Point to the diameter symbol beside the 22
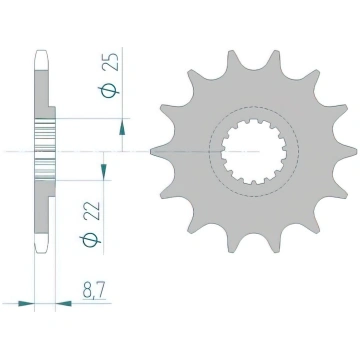[x=90, y=241]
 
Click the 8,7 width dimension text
[x=94, y=291]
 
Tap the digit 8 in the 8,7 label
[x=87, y=290]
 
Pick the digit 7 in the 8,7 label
[x=101, y=290]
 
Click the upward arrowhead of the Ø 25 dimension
[x=122, y=128]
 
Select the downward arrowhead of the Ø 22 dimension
[x=104, y=171]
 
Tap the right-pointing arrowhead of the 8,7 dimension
[x=26, y=303]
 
